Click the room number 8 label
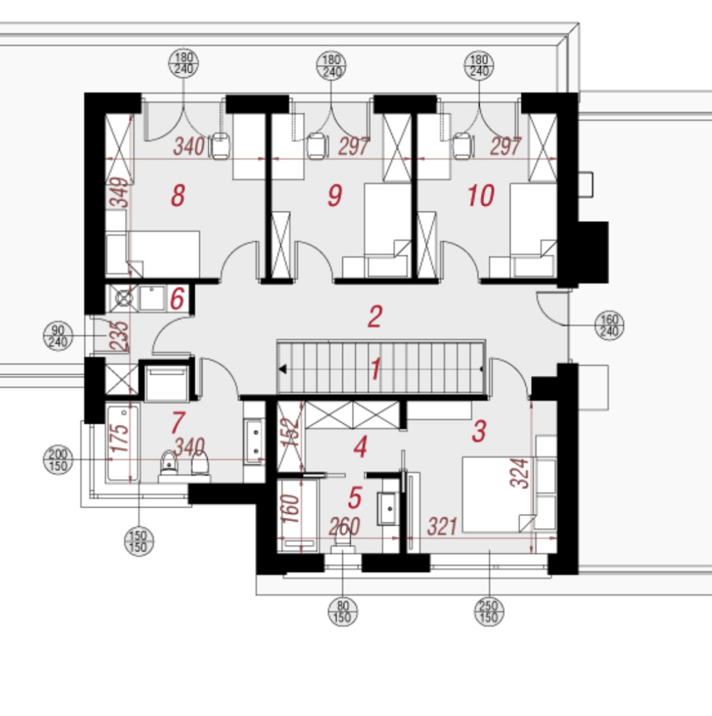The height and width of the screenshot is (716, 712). (178, 196)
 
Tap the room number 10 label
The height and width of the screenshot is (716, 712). (480, 196)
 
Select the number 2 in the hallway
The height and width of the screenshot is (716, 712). (375, 317)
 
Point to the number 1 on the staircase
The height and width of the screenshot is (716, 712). (376, 368)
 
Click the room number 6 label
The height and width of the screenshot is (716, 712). (177, 299)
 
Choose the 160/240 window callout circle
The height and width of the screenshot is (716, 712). (609, 325)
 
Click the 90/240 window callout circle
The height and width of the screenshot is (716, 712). (58, 336)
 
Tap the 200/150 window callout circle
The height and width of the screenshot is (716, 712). (58, 460)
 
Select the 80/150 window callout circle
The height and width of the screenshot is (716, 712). (343, 612)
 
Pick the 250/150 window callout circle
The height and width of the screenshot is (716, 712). (489, 612)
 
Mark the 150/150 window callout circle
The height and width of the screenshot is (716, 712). (139, 541)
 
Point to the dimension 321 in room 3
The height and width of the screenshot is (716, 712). (442, 527)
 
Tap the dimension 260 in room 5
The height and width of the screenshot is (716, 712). (344, 527)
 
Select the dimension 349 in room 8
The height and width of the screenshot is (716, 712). (120, 192)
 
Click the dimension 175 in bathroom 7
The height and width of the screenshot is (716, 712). (120, 438)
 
